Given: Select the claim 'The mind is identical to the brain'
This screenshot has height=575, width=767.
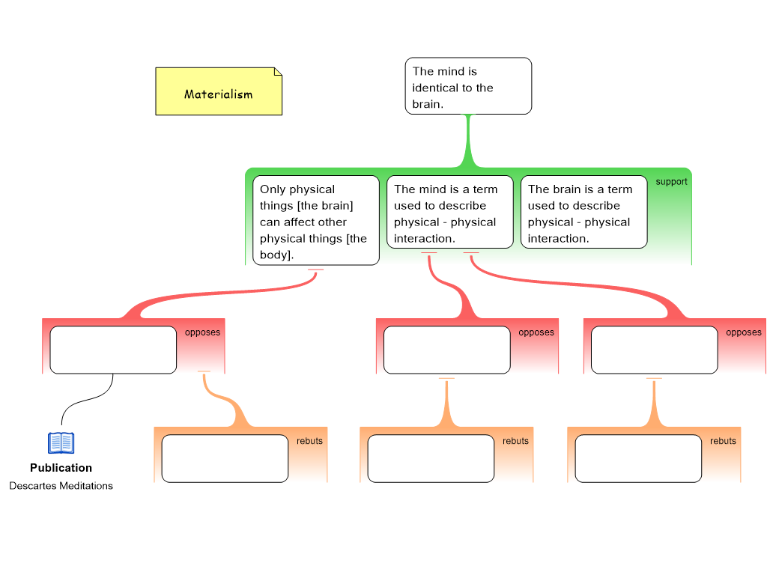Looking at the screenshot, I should [x=468, y=86].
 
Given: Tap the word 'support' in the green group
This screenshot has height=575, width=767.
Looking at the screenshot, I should [x=671, y=182].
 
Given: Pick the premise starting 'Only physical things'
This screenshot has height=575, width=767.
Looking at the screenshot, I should [x=315, y=220].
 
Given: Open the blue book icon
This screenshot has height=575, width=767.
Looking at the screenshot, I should [x=61, y=443].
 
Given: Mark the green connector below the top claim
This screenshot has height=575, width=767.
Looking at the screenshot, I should [x=470, y=142].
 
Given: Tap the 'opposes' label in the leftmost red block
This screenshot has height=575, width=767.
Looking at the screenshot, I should [x=202, y=332].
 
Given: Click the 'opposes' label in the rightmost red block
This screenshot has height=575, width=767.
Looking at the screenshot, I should [x=744, y=332].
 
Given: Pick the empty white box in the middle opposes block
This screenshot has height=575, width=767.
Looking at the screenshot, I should [x=446, y=350].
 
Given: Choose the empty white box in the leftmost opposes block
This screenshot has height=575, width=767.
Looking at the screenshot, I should [x=113, y=350].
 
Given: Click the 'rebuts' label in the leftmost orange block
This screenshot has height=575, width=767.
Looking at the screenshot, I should [x=309, y=441].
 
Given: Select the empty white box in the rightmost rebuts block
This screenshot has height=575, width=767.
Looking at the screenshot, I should [x=638, y=458].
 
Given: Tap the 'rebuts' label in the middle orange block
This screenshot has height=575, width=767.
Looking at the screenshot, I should [x=515, y=441].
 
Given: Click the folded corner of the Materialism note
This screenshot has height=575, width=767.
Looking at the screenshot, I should [x=278, y=72].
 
